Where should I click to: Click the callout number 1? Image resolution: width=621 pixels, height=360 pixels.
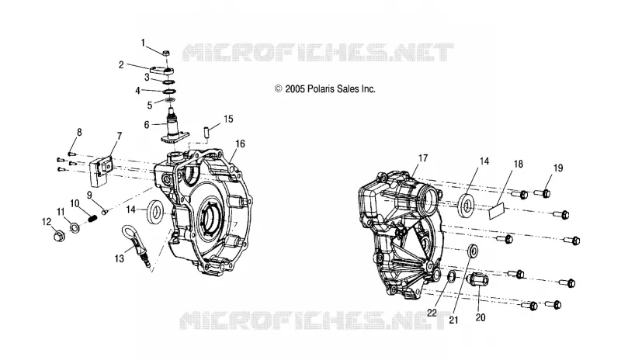point(144,43)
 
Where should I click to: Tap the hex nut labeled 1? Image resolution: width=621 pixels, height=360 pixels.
point(167,52)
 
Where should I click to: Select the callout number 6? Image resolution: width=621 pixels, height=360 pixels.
point(147,125)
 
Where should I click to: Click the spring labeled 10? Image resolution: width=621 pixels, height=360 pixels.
point(92,217)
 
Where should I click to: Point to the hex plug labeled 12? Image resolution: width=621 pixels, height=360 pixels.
point(59,237)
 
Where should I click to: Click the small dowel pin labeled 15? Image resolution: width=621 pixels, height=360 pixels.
point(207,132)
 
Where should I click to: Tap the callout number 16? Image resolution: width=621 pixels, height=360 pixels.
point(241,144)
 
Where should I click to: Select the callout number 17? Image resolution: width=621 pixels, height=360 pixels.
point(423,158)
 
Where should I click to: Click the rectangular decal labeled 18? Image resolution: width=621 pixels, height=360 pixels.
point(498,211)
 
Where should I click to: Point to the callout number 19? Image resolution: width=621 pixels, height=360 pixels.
point(557,168)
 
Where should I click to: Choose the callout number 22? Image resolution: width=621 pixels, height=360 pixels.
point(432,313)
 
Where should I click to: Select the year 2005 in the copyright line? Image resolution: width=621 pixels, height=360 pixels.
point(295,89)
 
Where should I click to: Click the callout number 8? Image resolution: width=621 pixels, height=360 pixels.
point(79,132)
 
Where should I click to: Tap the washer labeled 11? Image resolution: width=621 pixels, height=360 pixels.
point(74,228)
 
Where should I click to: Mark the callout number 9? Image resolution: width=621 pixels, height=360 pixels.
point(89,196)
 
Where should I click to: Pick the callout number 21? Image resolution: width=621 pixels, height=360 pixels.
point(453,320)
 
